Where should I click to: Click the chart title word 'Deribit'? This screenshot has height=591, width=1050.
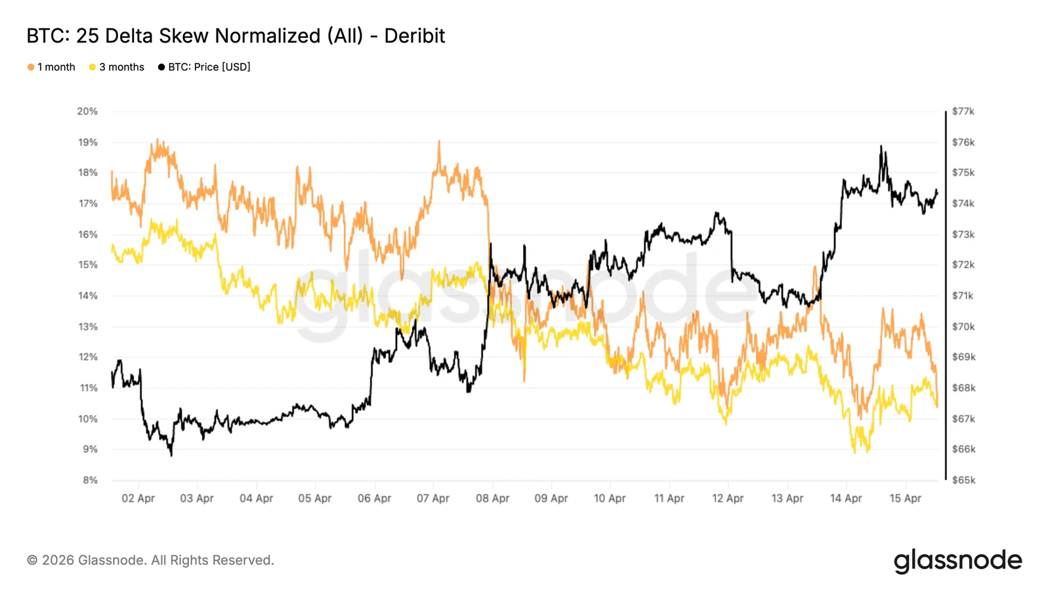(414, 36)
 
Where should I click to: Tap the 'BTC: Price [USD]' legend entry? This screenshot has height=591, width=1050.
(204, 67)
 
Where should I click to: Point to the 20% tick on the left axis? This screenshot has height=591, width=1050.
(87, 112)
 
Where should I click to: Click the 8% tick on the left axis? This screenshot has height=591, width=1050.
(90, 480)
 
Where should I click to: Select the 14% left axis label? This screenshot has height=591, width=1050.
(87, 295)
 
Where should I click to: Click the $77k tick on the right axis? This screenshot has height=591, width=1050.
(963, 112)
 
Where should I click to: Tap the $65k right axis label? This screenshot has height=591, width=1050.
(963, 480)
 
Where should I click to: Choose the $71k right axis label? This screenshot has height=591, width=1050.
(963, 295)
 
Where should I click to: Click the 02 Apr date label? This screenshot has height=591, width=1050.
(138, 498)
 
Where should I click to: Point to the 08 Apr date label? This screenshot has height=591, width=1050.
(492, 498)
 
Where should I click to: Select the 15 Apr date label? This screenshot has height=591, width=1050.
(905, 498)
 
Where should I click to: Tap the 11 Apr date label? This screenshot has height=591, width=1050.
(669, 498)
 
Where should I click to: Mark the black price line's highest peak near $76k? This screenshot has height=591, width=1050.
(881, 146)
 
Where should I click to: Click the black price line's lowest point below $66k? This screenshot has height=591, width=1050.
(171, 454)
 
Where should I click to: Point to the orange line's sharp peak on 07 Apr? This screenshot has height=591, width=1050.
(439, 141)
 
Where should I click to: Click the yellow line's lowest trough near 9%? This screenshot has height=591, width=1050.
(854, 452)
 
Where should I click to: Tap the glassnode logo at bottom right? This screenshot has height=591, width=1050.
(957, 561)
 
